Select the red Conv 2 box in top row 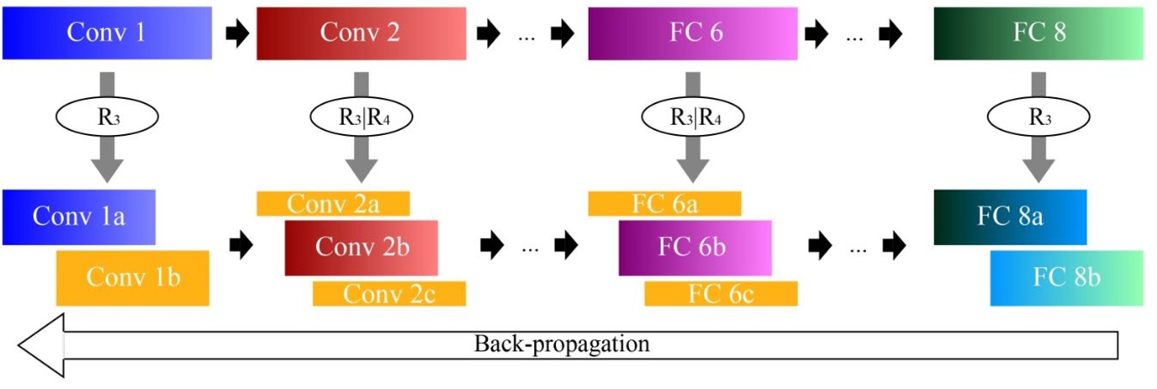(x=361, y=34)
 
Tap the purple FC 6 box (x=693, y=34)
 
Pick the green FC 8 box (x=1038, y=34)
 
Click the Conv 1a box (x=79, y=216)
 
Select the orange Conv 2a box (x=333, y=204)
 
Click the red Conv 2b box (x=361, y=248)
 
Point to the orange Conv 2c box (x=389, y=293)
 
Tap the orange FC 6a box (x=665, y=204)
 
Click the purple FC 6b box (x=695, y=248)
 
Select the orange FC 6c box (x=721, y=293)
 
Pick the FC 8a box (x=1009, y=216)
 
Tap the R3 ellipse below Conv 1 (x=106, y=118)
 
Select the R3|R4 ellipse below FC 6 (x=693, y=118)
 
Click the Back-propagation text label (x=562, y=344)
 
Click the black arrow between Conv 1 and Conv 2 (x=238, y=34)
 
